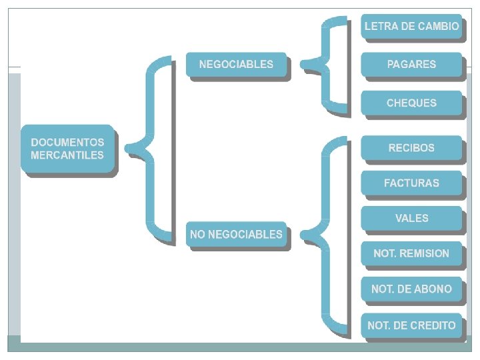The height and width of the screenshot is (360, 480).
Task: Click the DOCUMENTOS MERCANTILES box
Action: click(68, 149)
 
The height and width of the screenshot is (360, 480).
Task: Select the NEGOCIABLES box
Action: click(236, 65)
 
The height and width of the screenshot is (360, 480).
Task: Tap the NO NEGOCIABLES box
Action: click(236, 235)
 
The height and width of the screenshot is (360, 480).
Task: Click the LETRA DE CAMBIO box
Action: click(411, 27)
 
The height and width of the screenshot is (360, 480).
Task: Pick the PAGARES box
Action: click(411, 65)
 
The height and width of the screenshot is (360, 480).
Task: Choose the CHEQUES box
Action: click(411, 103)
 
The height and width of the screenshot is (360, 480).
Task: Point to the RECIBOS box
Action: click(411, 148)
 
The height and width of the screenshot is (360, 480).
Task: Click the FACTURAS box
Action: click(411, 183)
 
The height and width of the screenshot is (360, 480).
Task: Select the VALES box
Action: click(411, 218)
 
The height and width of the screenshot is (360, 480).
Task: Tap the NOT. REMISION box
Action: click(411, 253)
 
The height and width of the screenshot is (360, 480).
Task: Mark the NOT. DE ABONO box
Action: click(411, 289)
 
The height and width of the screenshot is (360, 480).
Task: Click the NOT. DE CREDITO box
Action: click(411, 326)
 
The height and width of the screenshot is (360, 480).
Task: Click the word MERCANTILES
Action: click(67, 155)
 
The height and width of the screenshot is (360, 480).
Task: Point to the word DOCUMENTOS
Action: click(67, 142)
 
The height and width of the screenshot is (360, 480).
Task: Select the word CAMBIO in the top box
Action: click(439, 27)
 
